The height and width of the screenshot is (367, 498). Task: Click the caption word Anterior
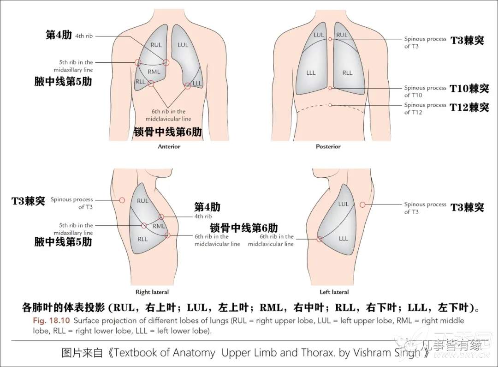[x=169, y=147]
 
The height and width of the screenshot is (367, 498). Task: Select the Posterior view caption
[x=328, y=147]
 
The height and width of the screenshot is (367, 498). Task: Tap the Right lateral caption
[x=152, y=292]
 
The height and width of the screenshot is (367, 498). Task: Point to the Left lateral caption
[x=334, y=292]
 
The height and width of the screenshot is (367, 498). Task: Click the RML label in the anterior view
[x=154, y=72]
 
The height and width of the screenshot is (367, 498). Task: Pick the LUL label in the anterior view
[x=183, y=45]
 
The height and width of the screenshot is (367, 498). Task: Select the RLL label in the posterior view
[x=348, y=73]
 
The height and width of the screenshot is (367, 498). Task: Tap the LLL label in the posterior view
[x=311, y=73]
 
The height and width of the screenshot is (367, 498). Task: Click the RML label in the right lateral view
[x=159, y=226]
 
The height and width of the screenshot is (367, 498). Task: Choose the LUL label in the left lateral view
[x=344, y=204]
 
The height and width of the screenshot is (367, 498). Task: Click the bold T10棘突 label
[x=469, y=89]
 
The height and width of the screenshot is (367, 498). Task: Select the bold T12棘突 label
[x=469, y=107]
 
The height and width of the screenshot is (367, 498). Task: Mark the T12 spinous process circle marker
[x=330, y=105]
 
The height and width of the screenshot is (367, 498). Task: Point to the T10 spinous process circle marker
[x=330, y=88]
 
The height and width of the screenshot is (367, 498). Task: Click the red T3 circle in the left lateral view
[x=363, y=205]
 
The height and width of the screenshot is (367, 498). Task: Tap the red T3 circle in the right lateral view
[x=122, y=200]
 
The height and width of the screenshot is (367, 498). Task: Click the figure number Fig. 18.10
[x=52, y=320]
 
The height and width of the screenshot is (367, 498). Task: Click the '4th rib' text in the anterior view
[x=84, y=36]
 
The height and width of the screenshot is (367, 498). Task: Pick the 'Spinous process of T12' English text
[x=425, y=108]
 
